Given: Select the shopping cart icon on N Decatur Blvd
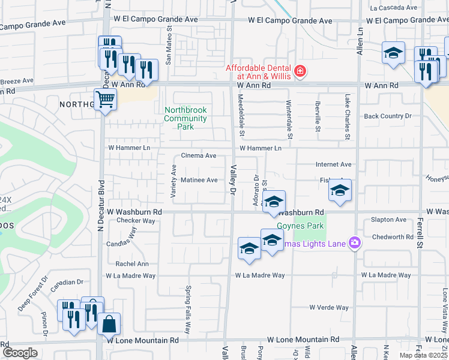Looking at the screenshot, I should [106, 99].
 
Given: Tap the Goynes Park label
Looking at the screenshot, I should [300, 226].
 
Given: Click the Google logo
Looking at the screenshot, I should [20, 353].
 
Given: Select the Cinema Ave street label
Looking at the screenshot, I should [199, 156].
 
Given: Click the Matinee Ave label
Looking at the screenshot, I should [199, 180].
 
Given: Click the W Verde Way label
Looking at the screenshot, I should [329, 307].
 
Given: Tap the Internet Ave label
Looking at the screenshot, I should [333, 164].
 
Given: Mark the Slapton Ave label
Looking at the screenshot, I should [388, 220].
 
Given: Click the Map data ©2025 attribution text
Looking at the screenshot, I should [422, 355].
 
